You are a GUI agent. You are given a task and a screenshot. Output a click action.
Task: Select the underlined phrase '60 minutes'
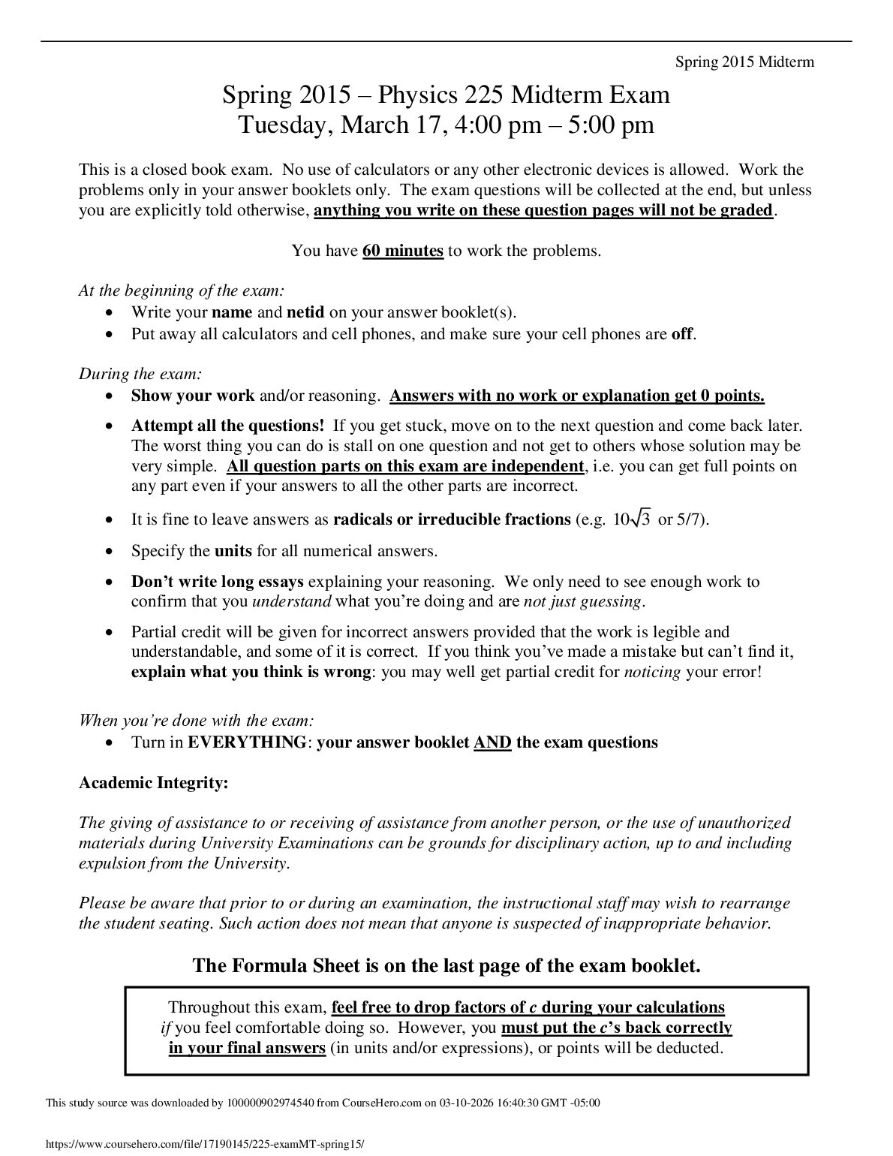coord(402,251)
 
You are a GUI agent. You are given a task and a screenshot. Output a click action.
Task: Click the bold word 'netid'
coord(305,312)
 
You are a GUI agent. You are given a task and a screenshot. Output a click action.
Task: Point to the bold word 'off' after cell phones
coord(681,334)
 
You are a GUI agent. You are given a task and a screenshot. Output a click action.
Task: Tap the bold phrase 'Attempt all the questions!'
coord(228,426)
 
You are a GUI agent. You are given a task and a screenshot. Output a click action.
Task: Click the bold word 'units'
coord(233,551)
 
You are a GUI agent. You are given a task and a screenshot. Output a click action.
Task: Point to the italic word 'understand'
coord(292,601)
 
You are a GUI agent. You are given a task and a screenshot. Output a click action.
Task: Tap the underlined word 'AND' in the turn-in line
coord(492,742)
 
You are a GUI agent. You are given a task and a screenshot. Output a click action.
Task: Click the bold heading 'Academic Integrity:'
coord(153,783)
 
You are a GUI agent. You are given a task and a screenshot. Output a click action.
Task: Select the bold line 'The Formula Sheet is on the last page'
coord(446,965)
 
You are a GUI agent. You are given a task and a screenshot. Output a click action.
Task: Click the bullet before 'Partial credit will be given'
coord(110,633)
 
